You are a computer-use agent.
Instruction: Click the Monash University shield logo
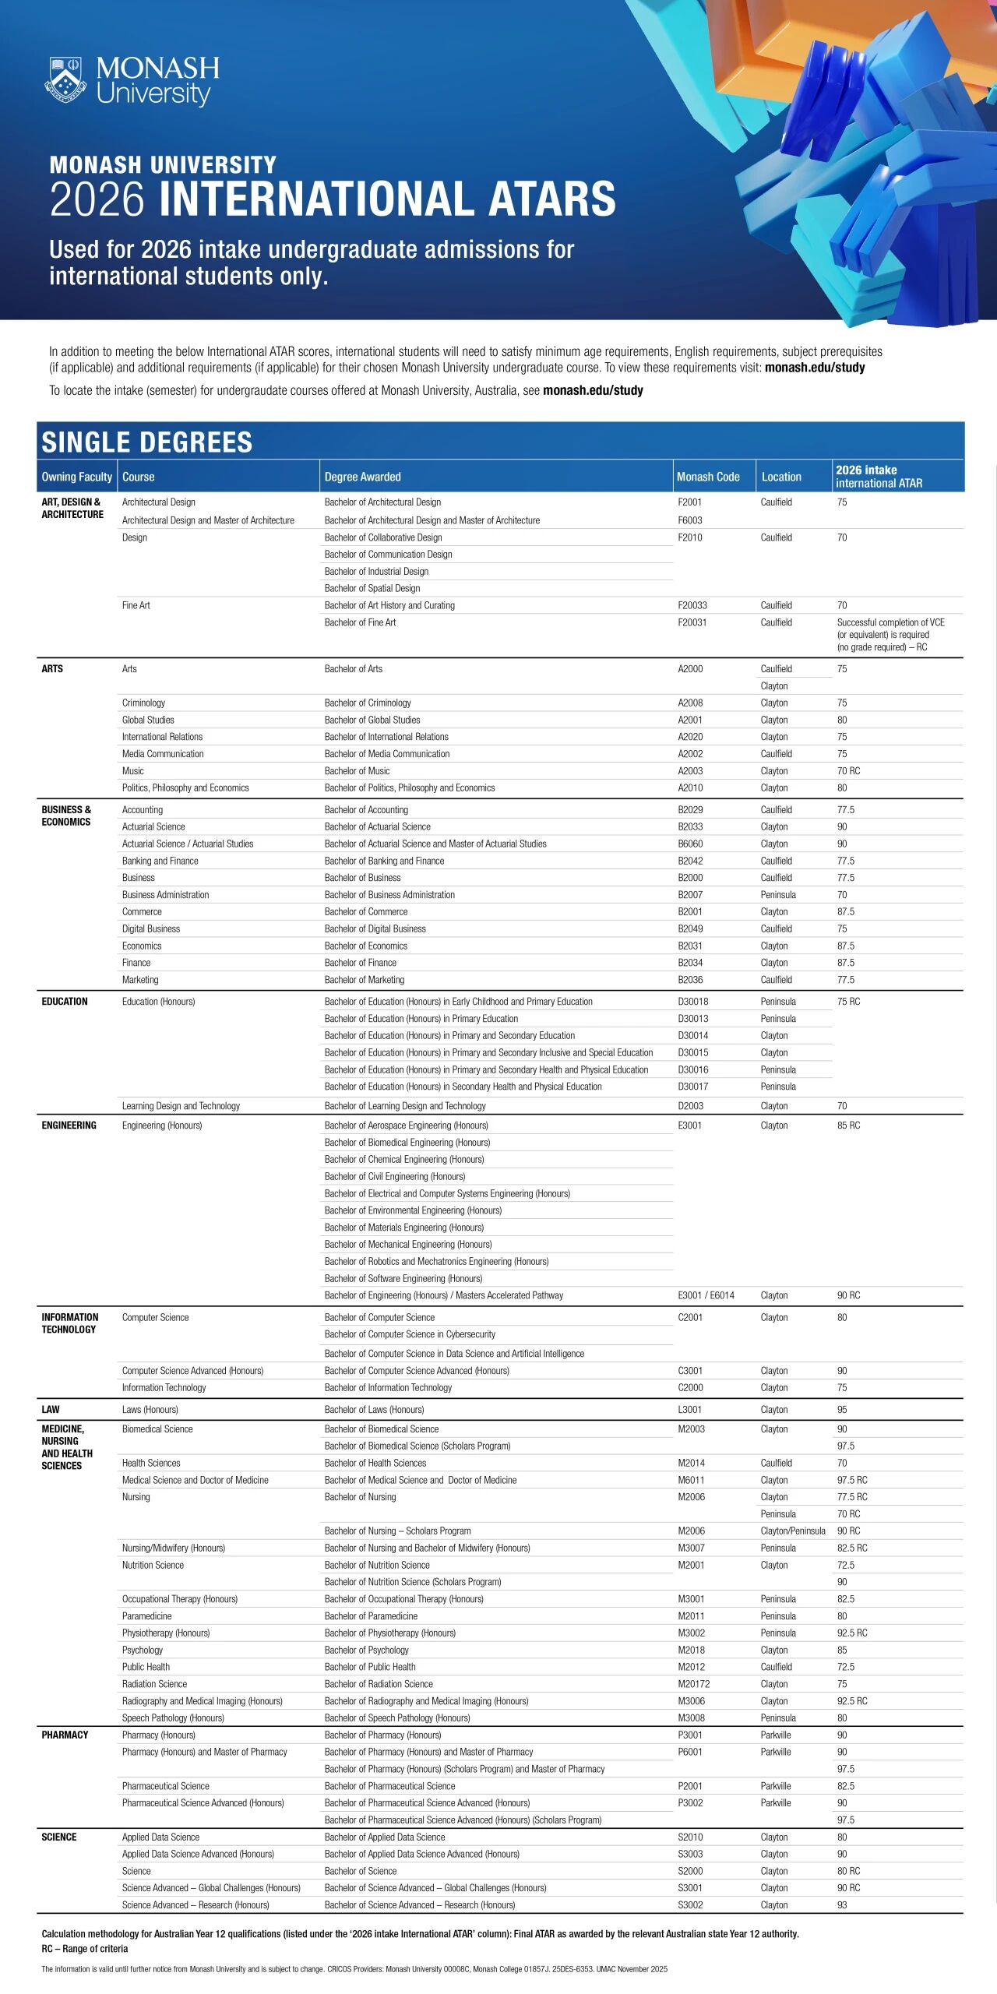pos(65,79)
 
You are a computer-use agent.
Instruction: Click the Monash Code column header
pos(707,477)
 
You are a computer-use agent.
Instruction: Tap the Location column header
pos(780,477)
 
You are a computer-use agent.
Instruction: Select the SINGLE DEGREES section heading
pos(146,442)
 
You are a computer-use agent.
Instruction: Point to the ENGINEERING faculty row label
pos(69,1126)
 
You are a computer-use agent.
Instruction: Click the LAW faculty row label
pos(51,1410)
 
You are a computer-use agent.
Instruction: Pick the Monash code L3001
pos(689,1410)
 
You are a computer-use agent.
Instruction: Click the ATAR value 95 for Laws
pos(842,1410)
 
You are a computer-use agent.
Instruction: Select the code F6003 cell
pos(689,520)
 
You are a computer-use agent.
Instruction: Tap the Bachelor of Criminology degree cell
pos(368,703)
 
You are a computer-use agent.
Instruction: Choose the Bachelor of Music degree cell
pos(357,771)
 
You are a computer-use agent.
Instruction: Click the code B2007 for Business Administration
pos(689,895)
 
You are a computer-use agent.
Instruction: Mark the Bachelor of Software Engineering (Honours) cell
pos(403,1278)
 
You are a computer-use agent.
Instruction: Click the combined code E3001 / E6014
pos(706,1295)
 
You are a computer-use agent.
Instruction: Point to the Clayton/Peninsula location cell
pos(792,1531)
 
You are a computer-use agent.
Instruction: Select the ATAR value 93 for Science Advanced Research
pos(842,1905)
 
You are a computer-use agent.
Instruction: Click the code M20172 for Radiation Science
pos(693,1684)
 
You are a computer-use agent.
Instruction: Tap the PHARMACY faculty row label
pos(65,1735)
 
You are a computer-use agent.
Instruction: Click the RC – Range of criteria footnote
pos(84,1949)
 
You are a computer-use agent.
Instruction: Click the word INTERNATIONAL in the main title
pos(318,199)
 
